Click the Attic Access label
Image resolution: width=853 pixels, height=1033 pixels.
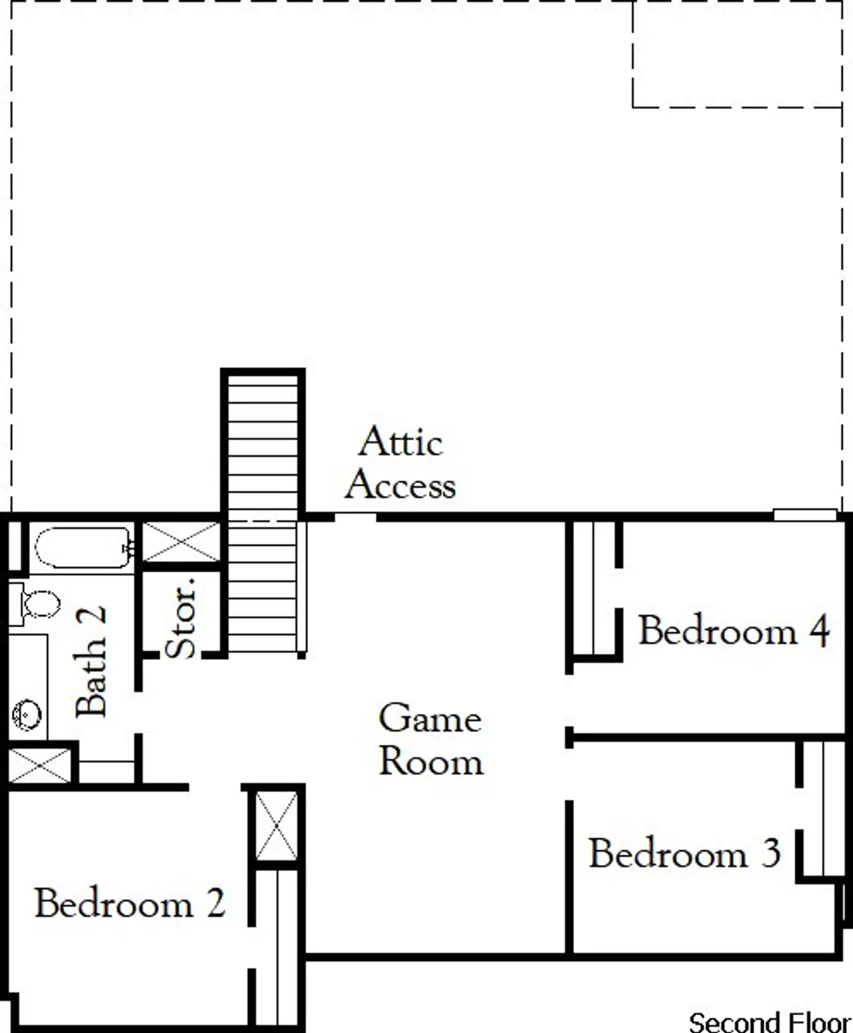[x=401, y=463]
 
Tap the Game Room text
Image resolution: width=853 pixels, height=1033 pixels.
[x=430, y=740]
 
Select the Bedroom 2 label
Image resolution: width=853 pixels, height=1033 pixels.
[x=130, y=904]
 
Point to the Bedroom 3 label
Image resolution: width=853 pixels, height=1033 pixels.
[x=684, y=854]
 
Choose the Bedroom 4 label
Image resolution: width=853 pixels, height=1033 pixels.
[x=734, y=630]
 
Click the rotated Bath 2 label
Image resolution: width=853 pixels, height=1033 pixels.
[x=91, y=661]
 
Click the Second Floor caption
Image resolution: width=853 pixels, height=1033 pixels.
[x=769, y=1022]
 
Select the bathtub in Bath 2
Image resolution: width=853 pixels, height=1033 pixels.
[x=83, y=548]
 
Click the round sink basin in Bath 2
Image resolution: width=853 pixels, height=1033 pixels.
[x=27, y=714]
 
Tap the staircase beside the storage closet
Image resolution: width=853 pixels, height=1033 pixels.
[x=263, y=513]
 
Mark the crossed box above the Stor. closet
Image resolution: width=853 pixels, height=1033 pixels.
[x=181, y=542]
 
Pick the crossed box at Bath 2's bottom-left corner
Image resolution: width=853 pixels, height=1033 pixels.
[x=39, y=765]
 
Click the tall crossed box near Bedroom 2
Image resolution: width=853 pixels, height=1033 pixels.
[x=277, y=826]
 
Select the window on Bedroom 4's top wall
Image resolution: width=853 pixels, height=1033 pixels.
[x=804, y=515]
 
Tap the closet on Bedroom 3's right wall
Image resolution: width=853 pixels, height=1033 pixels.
[x=824, y=810]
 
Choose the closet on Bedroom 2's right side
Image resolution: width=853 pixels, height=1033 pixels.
[x=277, y=946]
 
